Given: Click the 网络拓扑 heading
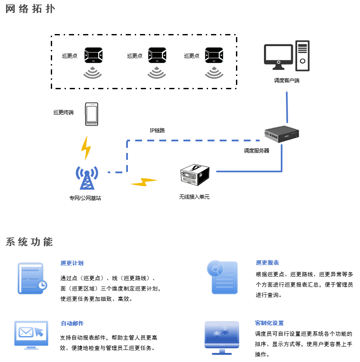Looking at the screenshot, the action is tap(30, 9).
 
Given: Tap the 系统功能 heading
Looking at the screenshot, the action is tap(29, 242).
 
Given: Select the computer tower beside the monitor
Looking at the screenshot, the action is tap(302, 56).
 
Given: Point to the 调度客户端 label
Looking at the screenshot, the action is tap(287, 80).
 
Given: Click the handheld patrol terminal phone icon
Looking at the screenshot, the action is tap(92, 114).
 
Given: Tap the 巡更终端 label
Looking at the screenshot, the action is tap(63, 112).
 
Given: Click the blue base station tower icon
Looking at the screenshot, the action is tap(87, 178).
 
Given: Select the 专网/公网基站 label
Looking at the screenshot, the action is tap(85, 198).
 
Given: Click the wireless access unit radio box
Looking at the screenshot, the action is tap(195, 175).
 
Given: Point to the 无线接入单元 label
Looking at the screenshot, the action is tap(194, 197).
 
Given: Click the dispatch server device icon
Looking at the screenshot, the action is tap(282, 134).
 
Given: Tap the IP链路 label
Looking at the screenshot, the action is tap(157, 131).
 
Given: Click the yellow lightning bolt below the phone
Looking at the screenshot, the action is tap(86, 148).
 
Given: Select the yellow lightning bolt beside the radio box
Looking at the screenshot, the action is tap(144, 182).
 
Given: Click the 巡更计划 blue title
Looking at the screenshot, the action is tap(72, 263).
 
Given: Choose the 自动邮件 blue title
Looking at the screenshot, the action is tap(72, 323).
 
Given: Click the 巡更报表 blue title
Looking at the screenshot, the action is tap(267, 262).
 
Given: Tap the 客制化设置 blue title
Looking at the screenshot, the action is tap(270, 323).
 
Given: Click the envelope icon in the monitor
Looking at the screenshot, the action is tap(26, 332).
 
